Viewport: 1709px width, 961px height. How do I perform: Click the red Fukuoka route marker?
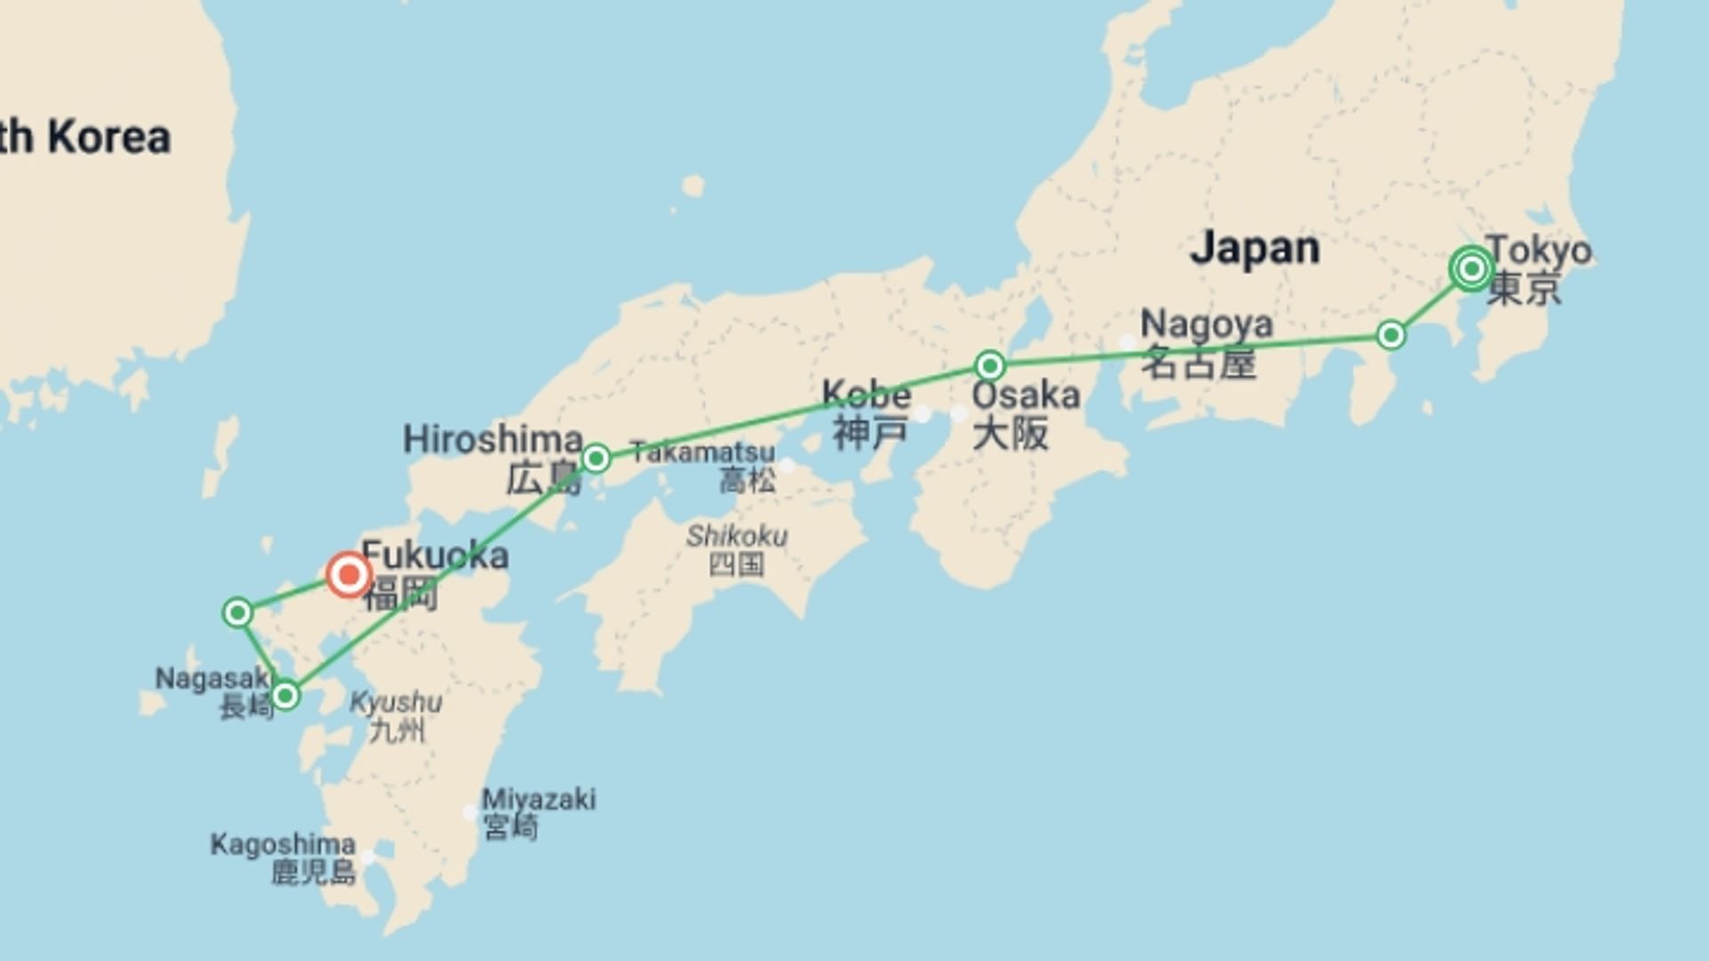click(x=349, y=575)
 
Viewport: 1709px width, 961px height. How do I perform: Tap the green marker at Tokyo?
click(x=1471, y=268)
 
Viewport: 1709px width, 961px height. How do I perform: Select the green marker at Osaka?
click(x=990, y=366)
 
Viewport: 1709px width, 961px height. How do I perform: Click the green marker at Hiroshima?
click(x=596, y=459)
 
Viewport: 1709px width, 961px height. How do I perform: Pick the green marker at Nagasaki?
click(x=285, y=695)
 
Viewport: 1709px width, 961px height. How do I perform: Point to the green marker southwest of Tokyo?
click(x=1390, y=335)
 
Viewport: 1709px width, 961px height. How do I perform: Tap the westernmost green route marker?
click(x=238, y=613)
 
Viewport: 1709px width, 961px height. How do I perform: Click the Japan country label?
click(x=1255, y=248)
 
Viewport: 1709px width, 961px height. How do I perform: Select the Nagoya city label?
click(x=1206, y=325)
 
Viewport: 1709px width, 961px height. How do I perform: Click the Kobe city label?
click(x=866, y=394)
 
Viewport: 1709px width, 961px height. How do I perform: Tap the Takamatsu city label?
click(x=703, y=452)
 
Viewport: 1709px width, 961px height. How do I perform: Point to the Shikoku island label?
click(x=736, y=537)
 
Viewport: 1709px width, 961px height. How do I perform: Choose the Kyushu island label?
click(x=395, y=703)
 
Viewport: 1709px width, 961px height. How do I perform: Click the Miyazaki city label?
click(x=539, y=799)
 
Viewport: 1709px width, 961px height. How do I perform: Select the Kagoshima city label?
click(x=283, y=844)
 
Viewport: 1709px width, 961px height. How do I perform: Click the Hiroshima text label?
click(x=493, y=440)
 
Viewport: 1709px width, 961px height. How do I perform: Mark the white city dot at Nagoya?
click(x=1127, y=343)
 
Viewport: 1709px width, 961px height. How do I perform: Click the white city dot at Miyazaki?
click(x=470, y=812)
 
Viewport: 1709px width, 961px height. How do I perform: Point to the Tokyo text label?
click(x=1538, y=250)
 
